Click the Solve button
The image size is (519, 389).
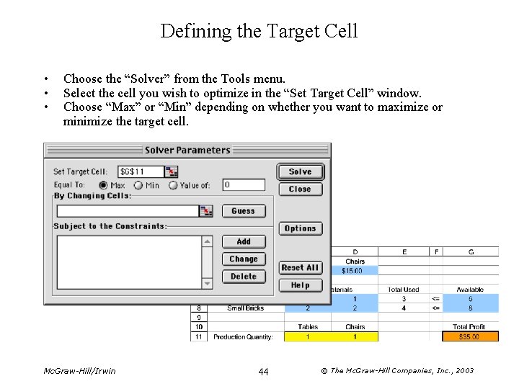300,171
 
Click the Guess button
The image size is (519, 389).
243,211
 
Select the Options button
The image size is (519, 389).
300,228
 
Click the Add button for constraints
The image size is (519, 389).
244,241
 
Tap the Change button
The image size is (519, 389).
244,259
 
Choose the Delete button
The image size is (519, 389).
244,277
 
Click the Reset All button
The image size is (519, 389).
300,267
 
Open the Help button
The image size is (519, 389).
300,285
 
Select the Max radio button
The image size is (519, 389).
103,185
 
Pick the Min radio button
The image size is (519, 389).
138,185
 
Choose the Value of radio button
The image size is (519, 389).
173,185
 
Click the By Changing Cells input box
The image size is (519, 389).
127,211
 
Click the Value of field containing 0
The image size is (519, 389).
243,185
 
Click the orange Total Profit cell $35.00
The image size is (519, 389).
470,336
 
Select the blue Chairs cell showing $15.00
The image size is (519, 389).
355,271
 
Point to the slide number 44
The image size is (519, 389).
263,371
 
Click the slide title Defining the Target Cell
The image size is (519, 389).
259,31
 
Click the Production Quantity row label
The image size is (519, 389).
243,336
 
